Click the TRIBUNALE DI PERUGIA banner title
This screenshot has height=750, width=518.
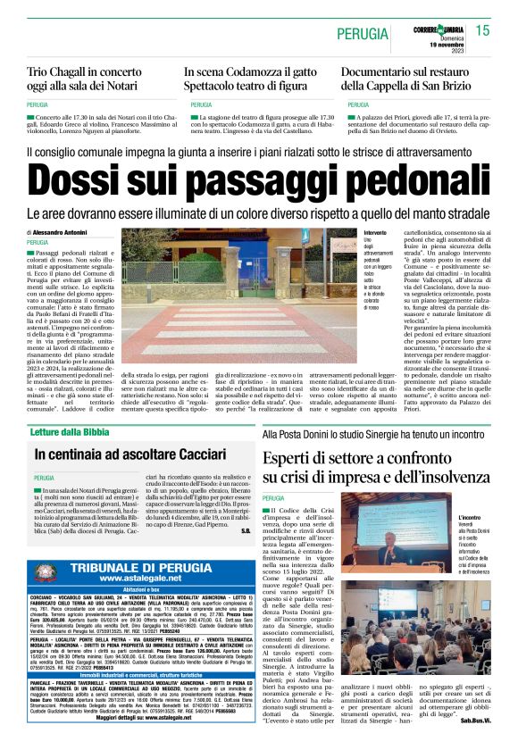[153, 568]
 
